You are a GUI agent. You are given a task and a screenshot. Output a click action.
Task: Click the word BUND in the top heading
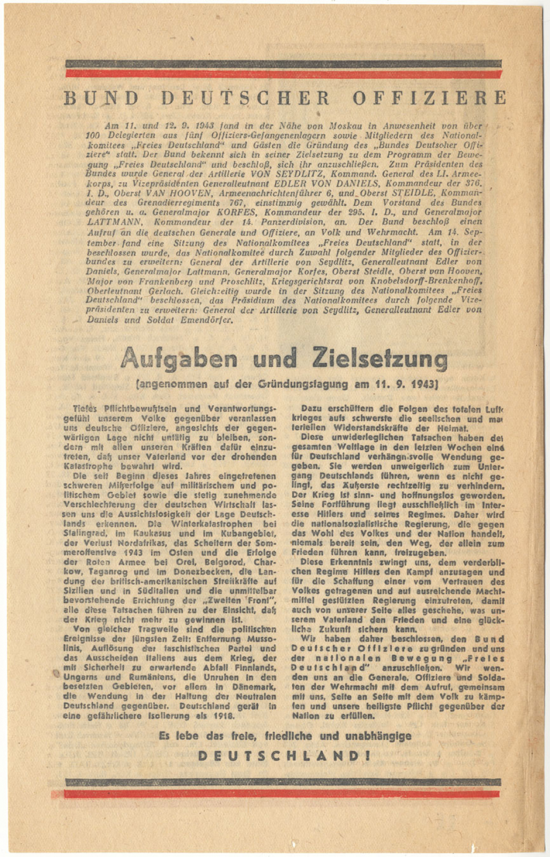click(101, 98)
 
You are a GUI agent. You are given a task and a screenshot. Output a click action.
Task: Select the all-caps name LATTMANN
click(114, 222)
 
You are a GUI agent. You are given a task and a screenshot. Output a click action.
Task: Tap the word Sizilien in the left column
click(79, 591)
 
